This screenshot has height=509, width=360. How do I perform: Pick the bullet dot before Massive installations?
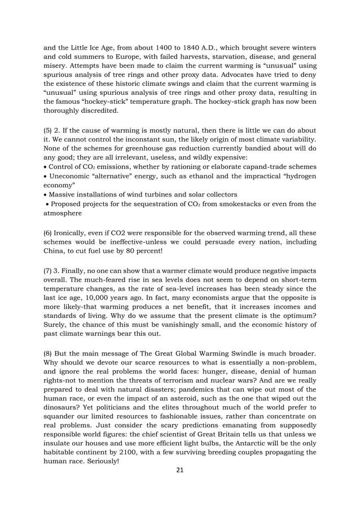[x=45, y=197]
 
